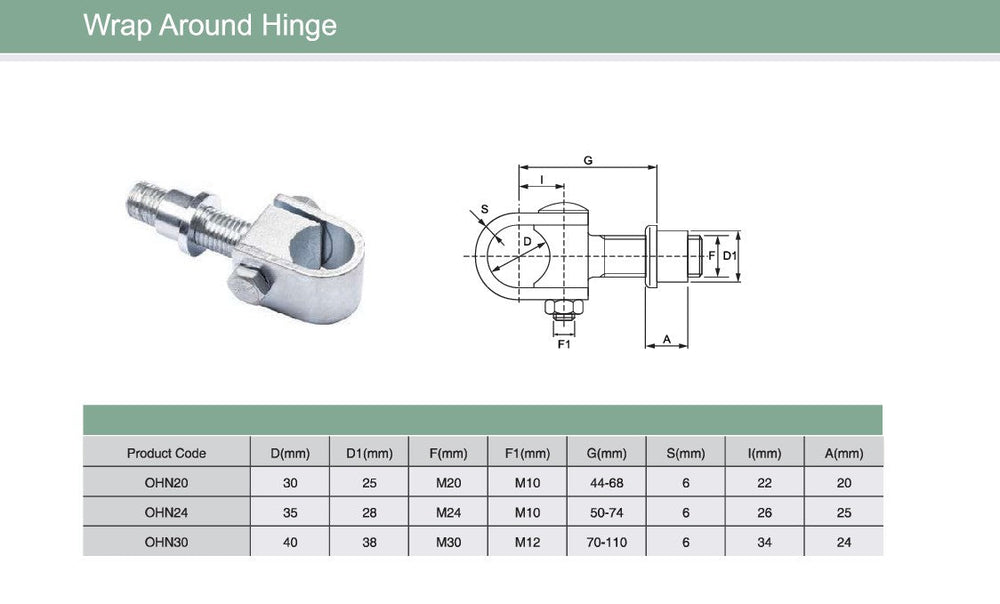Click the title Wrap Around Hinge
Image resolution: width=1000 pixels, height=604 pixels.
point(209,25)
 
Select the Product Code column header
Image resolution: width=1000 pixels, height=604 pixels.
point(166,453)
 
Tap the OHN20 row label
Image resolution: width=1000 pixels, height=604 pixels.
point(166,483)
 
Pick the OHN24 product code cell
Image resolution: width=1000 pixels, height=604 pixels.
point(166,512)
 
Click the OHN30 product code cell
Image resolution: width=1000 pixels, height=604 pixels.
point(166,542)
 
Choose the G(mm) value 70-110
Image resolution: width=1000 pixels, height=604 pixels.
point(606,542)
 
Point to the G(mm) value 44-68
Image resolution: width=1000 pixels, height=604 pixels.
point(606,483)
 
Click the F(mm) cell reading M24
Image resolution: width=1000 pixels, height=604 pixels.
point(448,512)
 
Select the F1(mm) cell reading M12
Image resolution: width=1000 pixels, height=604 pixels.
point(527,542)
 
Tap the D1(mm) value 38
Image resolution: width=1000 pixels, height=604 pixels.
point(369,542)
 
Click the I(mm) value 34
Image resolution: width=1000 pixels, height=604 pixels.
point(765,542)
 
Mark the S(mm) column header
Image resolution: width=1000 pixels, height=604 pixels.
point(685,453)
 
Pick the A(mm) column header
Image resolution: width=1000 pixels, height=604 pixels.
point(844,453)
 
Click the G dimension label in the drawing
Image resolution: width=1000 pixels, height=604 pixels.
point(587,160)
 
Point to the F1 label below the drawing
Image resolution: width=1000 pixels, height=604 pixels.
point(563,345)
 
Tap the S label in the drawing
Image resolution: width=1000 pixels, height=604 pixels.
point(485,209)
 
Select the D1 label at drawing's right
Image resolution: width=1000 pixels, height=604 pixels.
point(729,257)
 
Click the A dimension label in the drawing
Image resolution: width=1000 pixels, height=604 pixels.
point(666,339)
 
